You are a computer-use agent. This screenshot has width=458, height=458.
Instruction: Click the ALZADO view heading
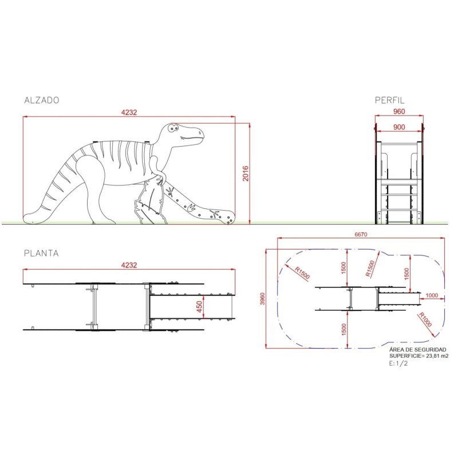pos(42,100)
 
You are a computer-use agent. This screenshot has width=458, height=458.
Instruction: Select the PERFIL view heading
pos(390,100)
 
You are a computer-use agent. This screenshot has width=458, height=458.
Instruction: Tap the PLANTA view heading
pos(41,253)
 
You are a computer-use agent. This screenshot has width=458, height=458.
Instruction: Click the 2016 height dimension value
pos(246,173)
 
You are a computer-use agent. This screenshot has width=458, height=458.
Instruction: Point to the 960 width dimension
pos(399,111)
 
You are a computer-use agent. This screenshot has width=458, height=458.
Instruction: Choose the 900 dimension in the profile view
pos(399,127)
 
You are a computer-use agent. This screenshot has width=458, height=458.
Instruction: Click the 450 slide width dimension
pos(200,307)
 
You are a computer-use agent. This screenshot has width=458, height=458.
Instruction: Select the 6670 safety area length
pos(361,234)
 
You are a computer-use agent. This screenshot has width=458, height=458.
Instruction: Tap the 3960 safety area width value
pos(263,298)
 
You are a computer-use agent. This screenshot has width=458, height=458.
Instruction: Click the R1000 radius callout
pos(425,319)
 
